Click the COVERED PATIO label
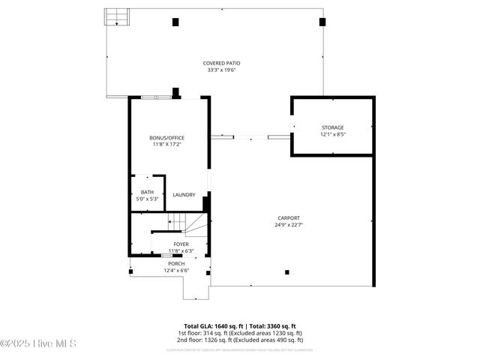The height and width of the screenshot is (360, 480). [221, 63]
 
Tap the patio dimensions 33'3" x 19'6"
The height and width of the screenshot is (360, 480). [221, 70]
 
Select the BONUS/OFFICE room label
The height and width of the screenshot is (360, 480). [166, 138]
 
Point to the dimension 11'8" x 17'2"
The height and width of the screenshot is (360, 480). [166, 145]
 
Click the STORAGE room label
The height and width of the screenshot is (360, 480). [332, 128]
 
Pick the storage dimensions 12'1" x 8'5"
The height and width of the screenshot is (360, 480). [332, 136]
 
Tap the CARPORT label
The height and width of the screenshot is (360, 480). [289, 217]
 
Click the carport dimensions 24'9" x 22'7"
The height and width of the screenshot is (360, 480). [289, 225]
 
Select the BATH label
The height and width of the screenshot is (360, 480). [147, 192]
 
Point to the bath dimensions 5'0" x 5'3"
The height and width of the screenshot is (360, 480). [147, 199]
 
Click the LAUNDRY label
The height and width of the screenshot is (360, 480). [184, 195]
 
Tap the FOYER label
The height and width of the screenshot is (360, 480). [181, 244]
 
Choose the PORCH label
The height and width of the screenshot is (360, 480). [176, 264]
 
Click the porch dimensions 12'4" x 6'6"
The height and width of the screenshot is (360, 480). [176, 271]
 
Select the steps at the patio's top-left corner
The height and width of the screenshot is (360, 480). [116, 17]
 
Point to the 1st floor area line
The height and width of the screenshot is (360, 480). [239, 333]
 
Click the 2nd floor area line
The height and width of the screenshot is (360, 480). [239, 340]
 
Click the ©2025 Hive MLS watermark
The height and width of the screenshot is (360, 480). [38, 344]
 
